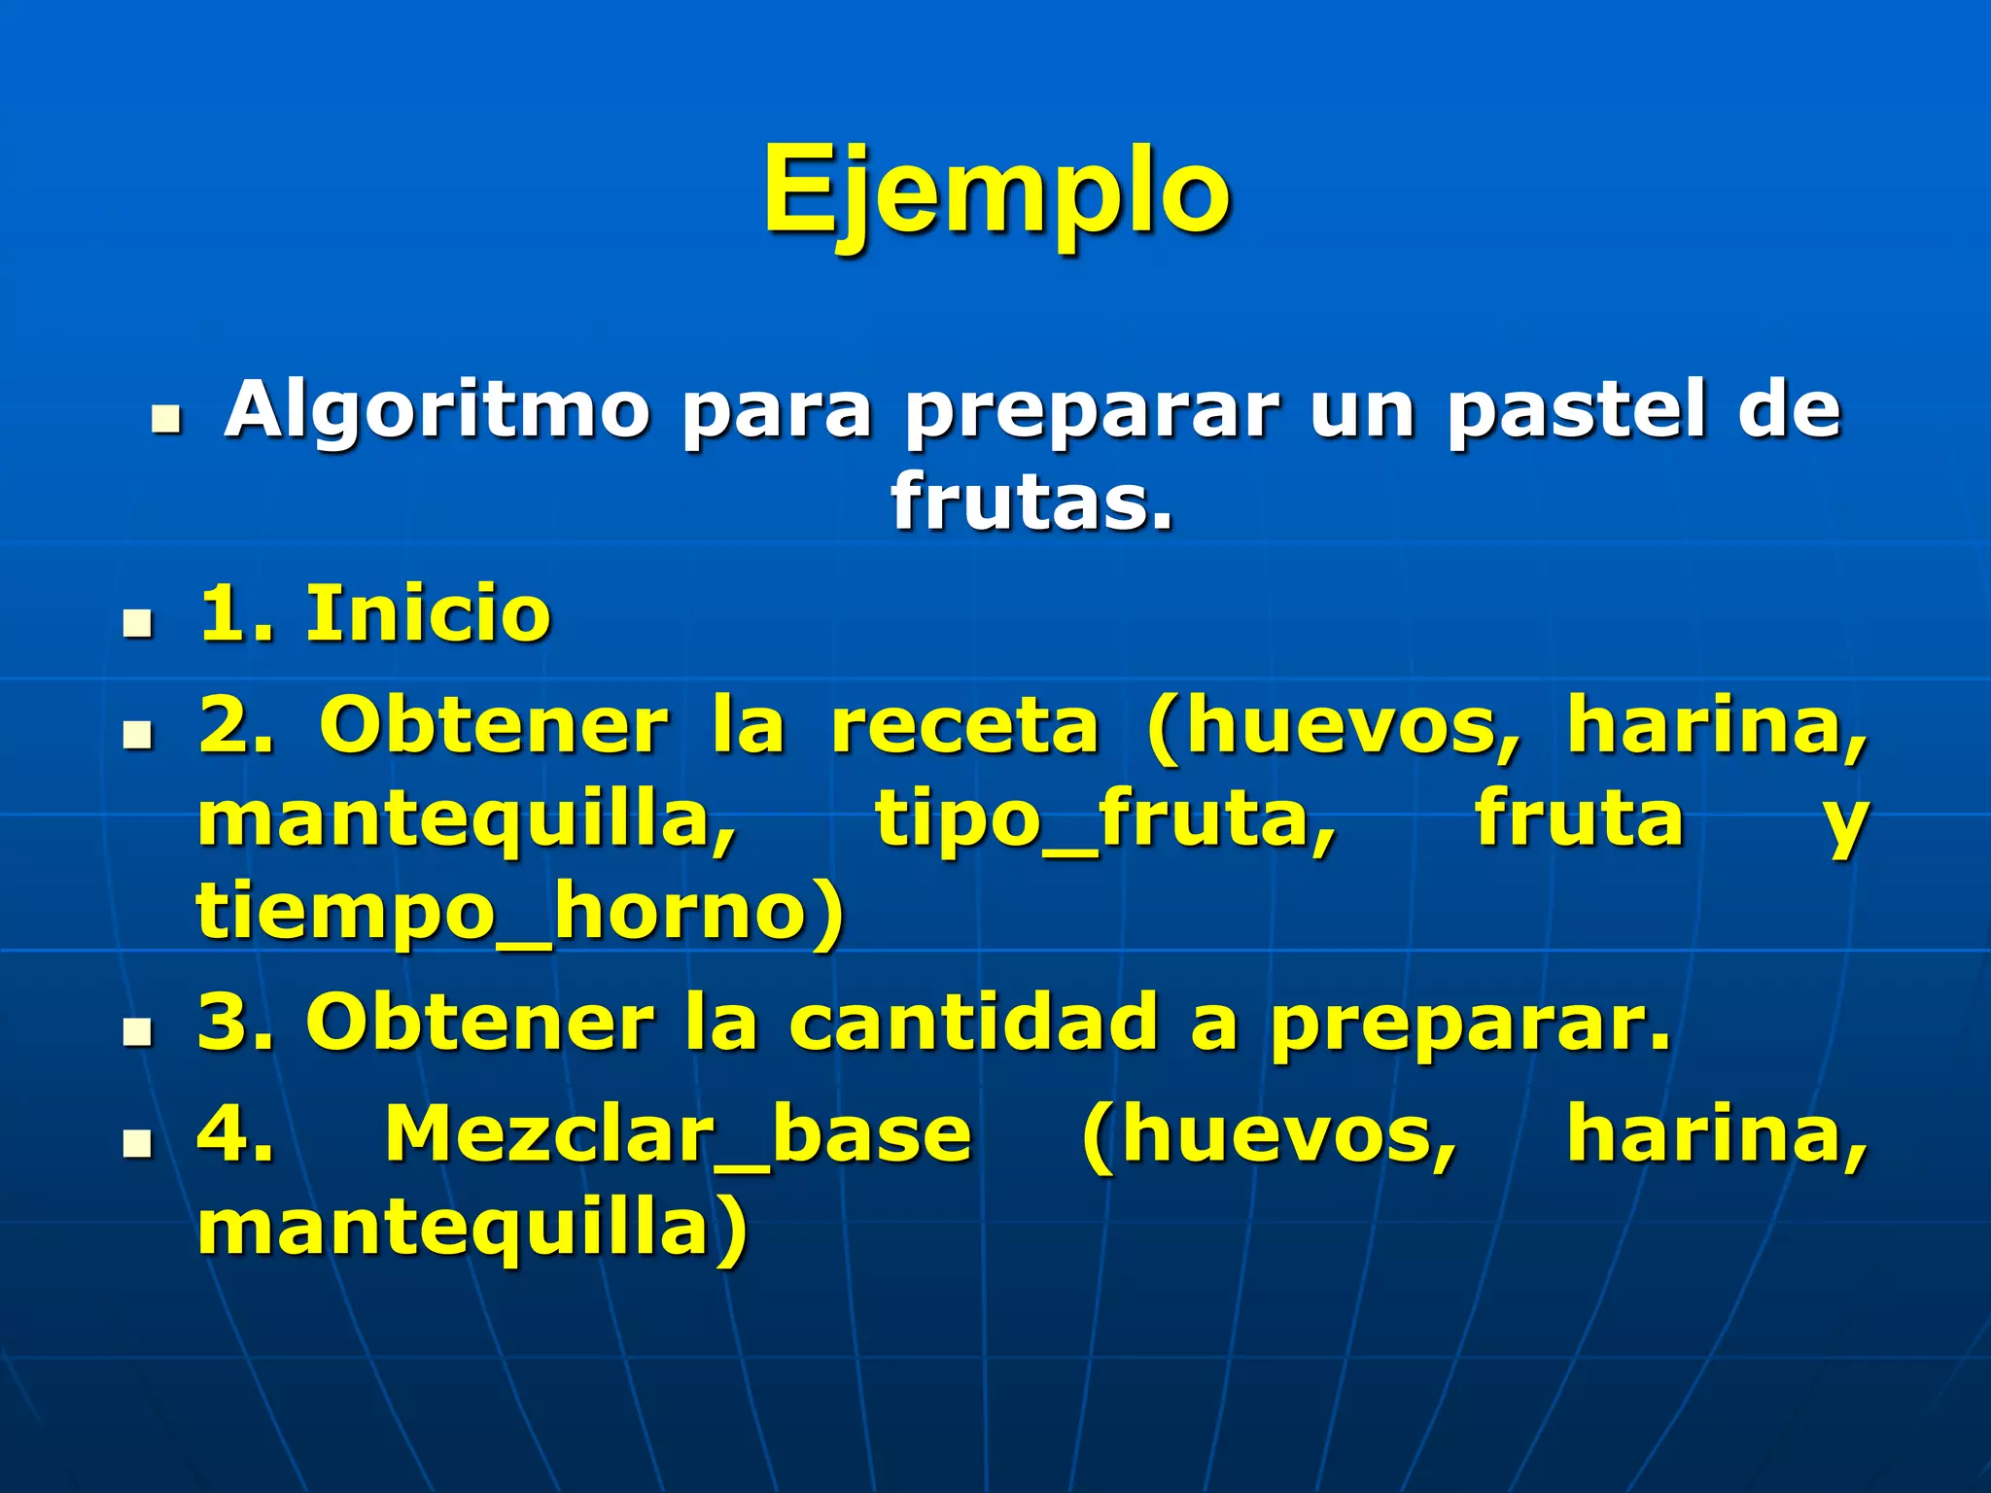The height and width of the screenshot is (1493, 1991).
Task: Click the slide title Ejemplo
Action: tap(996, 192)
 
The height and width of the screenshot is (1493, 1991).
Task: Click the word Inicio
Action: tap(429, 614)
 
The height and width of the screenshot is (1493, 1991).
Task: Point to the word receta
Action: tap(964, 726)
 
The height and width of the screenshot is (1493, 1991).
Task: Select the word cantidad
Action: tap(973, 1023)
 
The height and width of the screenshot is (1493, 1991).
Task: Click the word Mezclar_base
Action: tap(679, 1134)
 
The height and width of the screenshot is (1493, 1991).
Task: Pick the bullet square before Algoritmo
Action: tap(166, 420)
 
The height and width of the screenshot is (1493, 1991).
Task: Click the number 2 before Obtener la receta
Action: tap(223, 726)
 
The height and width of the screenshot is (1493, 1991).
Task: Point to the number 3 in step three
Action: tap(223, 1023)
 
